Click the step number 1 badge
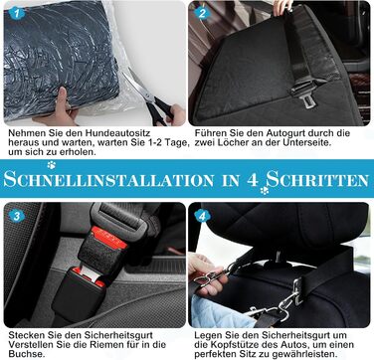pos(17,13)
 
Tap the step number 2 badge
pos(202,13)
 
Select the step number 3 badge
pos(17,216)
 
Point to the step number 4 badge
pos(202,216)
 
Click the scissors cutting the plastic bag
pos(149,97)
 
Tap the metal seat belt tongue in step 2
pos(306,101)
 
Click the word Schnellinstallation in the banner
pos(108,180)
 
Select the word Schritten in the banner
pos(317,179)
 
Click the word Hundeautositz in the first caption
pos(117,133)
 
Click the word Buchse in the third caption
pos(26,354)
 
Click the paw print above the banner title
pos(51,165)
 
